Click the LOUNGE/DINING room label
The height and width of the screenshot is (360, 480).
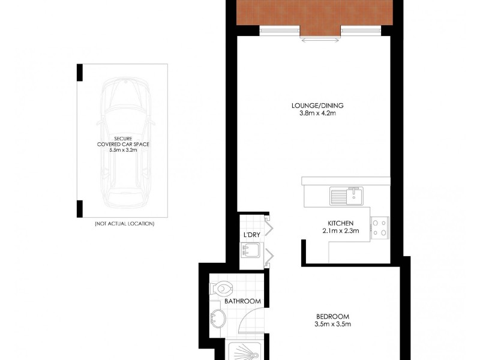click(317, 106)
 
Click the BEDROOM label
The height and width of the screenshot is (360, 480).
click(332, 317)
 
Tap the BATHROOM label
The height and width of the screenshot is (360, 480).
click(242, 301)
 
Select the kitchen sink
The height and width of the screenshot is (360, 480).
click(346, 196)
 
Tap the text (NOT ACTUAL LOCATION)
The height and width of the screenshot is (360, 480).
click(124, 223)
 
